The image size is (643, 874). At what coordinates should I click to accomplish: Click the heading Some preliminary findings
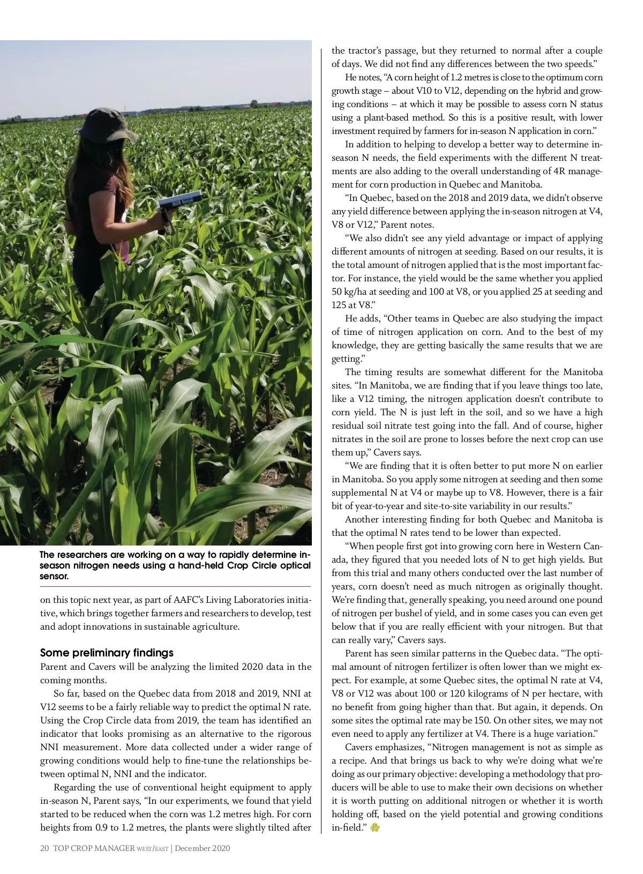click(x=107, y=653)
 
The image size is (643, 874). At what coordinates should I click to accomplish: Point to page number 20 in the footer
click(x=44, y=848)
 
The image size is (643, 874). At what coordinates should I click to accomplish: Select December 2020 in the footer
click(x=203, y=848)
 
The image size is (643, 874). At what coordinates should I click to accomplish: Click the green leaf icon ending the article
click(x=375, y=828)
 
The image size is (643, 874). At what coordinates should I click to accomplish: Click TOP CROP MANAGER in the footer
click(x=94, y=848)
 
